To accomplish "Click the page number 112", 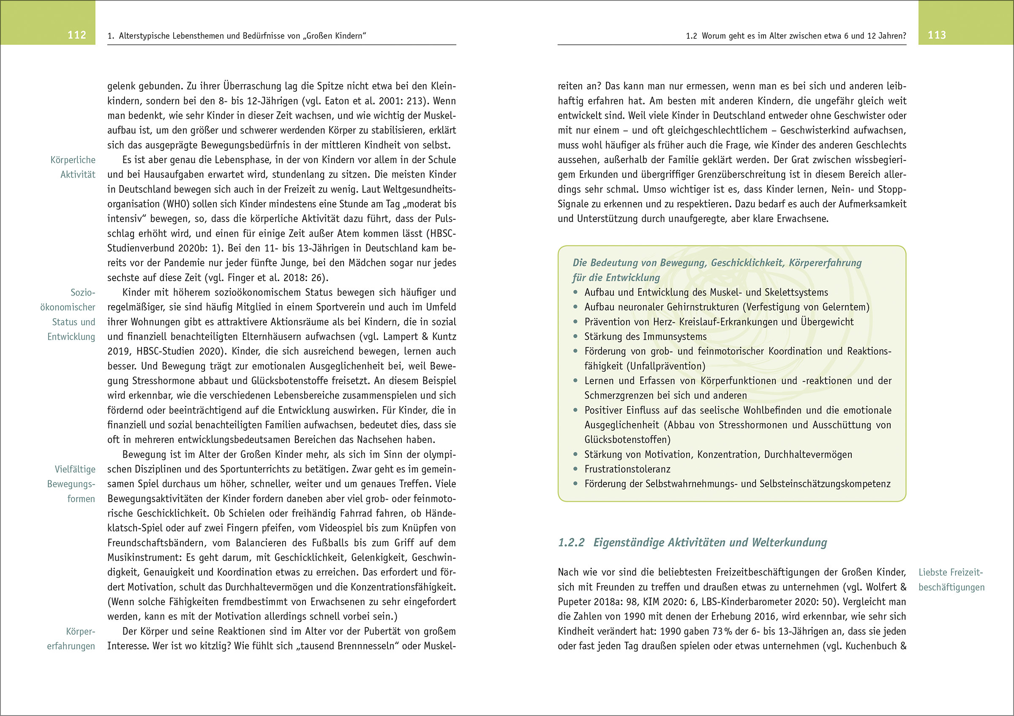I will [76, 36].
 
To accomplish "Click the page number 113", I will [936, 36].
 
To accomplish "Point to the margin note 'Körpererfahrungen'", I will [71, 639].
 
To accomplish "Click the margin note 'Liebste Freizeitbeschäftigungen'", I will [951, 579].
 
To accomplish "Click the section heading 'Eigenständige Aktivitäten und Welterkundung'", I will [710, 542].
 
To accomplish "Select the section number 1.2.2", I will [571, 542].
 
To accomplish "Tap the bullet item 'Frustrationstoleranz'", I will [627, 469].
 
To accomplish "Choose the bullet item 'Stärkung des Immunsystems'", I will [645, 336].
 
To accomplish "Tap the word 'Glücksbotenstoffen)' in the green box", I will [627, 440].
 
